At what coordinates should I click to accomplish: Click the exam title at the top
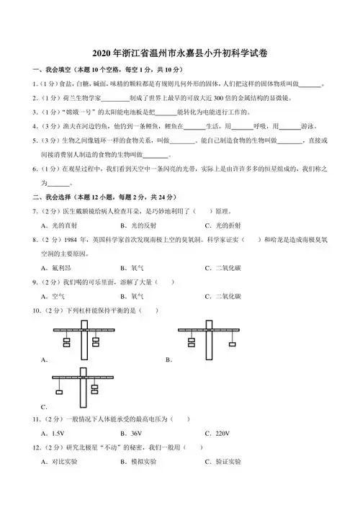coord(180,53)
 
